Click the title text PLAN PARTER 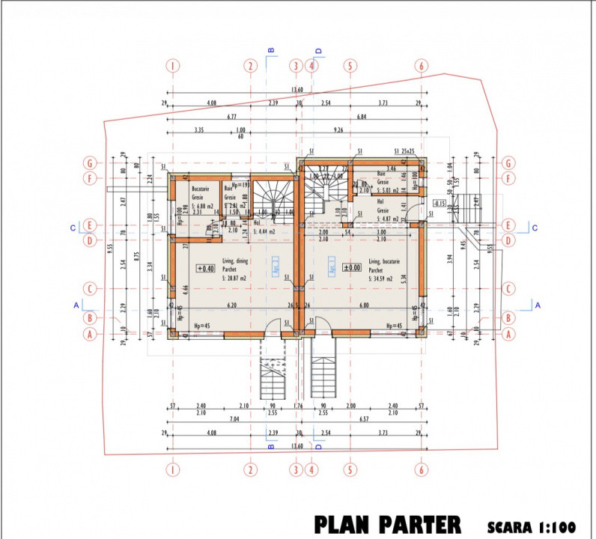[x=387, y=523]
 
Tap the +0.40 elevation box [x=205, y=268]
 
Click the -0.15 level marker [x=440, y=203]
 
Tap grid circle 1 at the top [x=173, y=66]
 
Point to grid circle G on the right [x=508, y=162]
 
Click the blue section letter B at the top [x=271, y=50]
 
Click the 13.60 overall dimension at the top [x=297, y=90]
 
